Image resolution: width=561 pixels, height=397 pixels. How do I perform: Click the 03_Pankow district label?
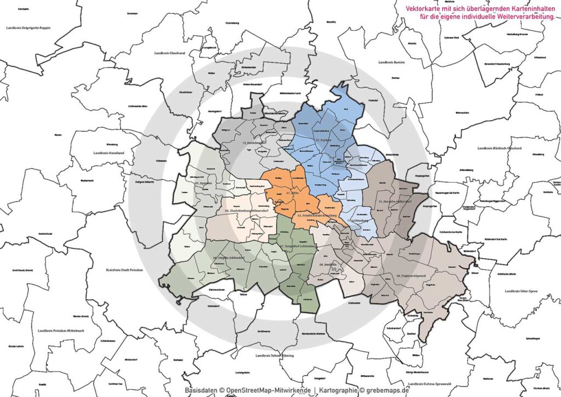click(312, 141)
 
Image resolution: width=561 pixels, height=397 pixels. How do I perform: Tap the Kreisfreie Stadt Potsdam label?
click(124, 269)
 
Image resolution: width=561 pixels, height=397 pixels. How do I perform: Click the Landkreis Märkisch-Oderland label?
click(499, 148)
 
